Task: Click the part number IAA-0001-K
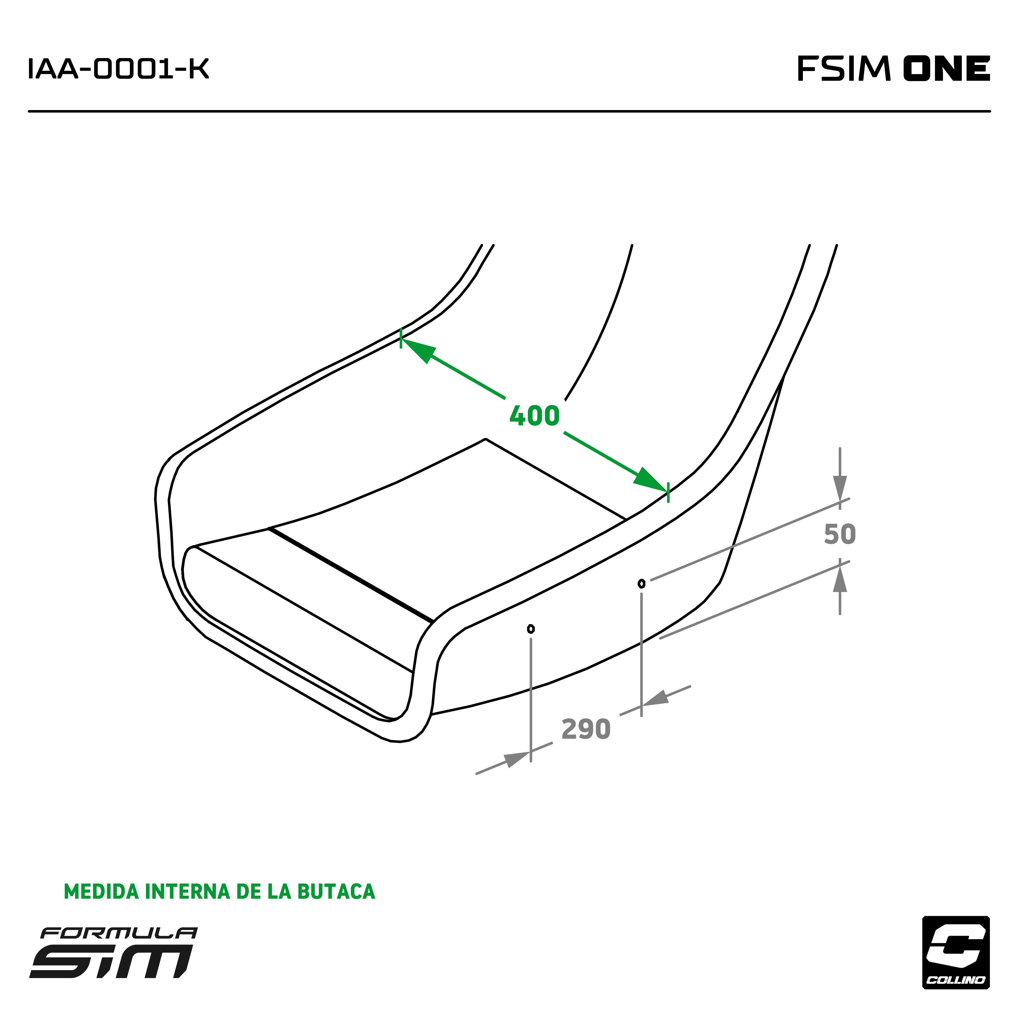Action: pos(118,69)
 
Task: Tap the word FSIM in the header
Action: pos(844,69)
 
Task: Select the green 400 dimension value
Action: pos(534,416)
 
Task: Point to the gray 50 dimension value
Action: pos(840,535)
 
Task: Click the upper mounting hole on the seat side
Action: pos(641,583)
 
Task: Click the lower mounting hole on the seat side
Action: pos(531,629)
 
